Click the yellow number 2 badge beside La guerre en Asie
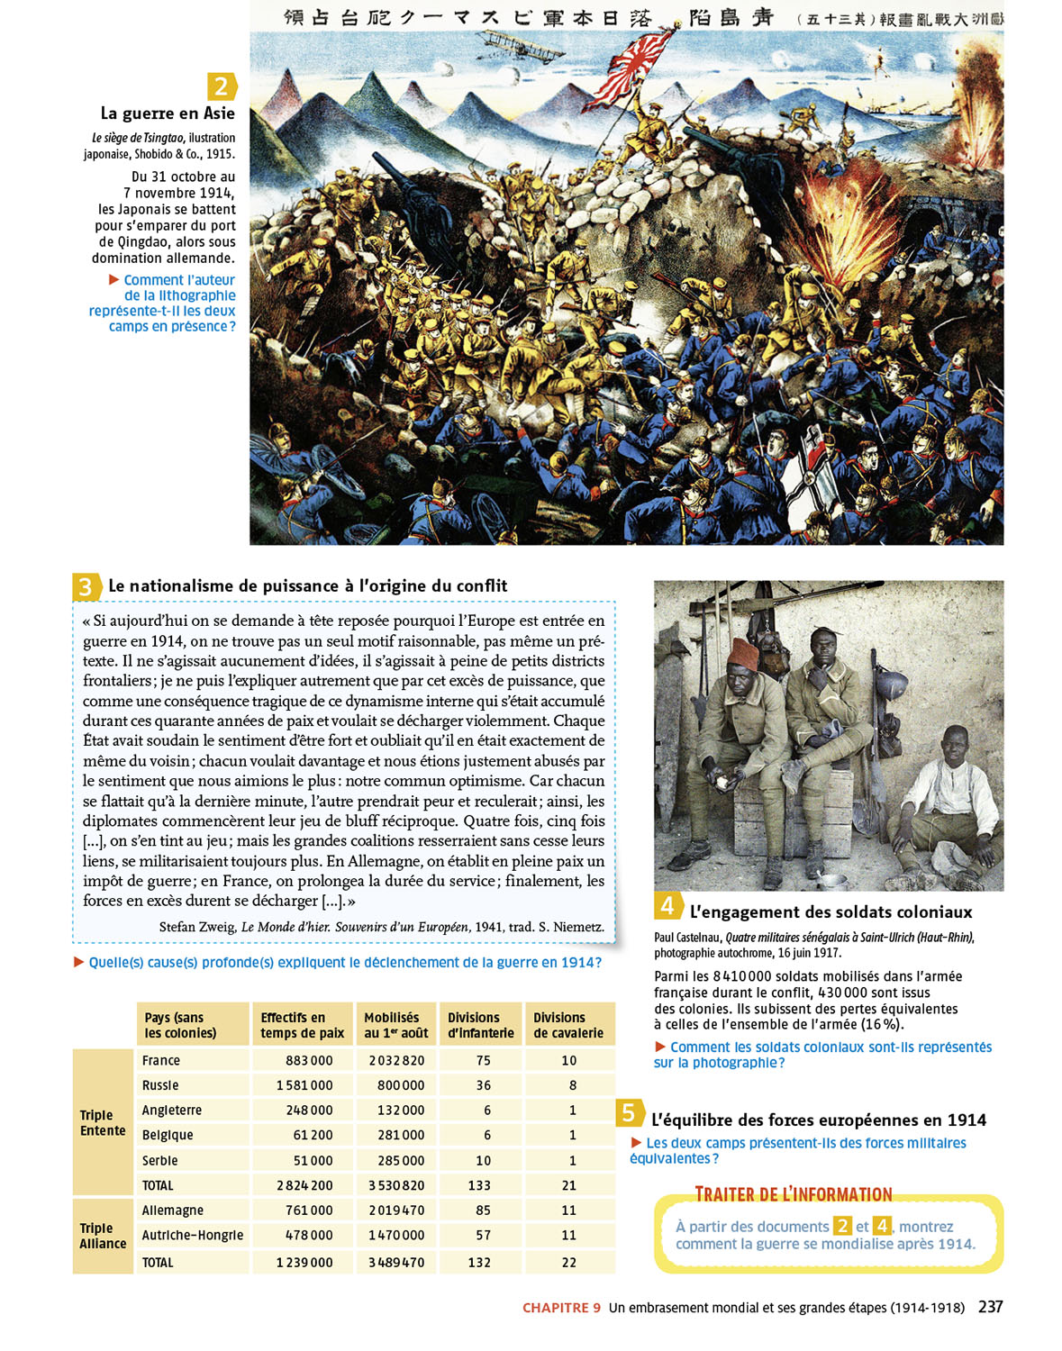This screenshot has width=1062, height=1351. tap(221, 86)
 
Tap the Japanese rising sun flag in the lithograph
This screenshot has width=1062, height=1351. tap(650, 59)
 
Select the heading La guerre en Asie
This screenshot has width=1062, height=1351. tap(168, 113)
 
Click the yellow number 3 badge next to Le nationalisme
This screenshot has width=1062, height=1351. tap(85, 587)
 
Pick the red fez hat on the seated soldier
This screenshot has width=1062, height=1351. tap(744, 652)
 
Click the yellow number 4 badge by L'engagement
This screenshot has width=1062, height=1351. tap(667, 905)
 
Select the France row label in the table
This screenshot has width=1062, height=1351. tap(161, 1061)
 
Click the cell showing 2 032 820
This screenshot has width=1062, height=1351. tap(396, 1061)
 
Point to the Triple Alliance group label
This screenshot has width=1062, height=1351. tap(103, 1236)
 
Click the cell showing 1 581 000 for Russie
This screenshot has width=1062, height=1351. tap(304, 1086)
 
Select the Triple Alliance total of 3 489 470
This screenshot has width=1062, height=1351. tap(396, 1263)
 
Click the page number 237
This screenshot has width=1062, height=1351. tap(990, 1307)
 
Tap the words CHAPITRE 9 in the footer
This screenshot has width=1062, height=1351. tap(561, 1308)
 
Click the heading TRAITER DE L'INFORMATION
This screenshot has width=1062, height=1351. tap(794, 1194)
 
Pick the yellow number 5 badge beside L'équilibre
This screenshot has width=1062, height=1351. tap(629, 1113)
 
